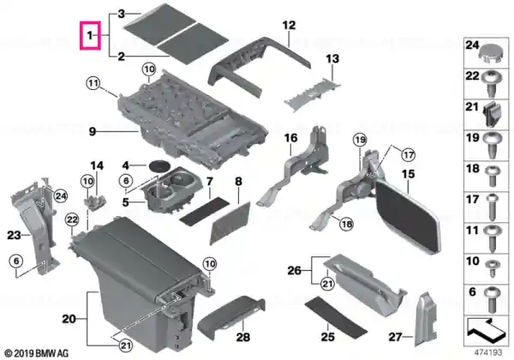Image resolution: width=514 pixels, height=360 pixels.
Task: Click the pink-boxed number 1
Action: pyautogui.click(x=90, y=35)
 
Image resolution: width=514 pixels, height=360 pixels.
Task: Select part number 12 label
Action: pyautogui.click(x=289, y=25)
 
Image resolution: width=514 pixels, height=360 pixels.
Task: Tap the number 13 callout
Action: pyautogui.click(x=332, y=59)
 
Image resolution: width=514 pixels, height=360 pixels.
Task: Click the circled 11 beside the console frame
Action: pyautogui.click(x=93, y=84)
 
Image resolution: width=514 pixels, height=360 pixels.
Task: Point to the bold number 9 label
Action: pyautogui.click(x=93, y=132)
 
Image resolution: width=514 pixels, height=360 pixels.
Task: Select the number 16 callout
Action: pyautogui.click(x=290, y=138)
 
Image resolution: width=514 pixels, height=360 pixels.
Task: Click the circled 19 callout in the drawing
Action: pyautogui.click(x=360, y=141)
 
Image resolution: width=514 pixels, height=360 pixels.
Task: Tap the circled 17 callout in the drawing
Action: pyautogui.click(x=409, y=155)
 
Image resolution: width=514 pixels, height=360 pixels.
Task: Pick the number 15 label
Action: pyautogui.click(x=409, y=174)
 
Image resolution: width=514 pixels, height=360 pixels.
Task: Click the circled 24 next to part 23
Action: pyautogui.click(x=60, y=196)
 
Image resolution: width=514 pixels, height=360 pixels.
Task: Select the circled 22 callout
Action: pyautogui.click(x=72, y=219)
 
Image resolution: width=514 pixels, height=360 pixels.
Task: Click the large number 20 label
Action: pyautogui.click(x=69, y=319)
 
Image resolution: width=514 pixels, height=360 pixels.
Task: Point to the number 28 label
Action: pyautogui.click(x=243, y=337)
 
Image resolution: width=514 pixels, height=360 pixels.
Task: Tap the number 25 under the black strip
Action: pyautogui.click(x=328, y=337)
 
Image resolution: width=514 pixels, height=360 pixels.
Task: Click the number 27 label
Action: pyautogui.click(x=395, y=337)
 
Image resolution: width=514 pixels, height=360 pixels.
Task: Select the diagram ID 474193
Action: pyautogui.click(x=488, y=353)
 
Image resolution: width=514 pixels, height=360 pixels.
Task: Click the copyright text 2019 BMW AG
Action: pyautogui.click(x=37, y=353)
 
